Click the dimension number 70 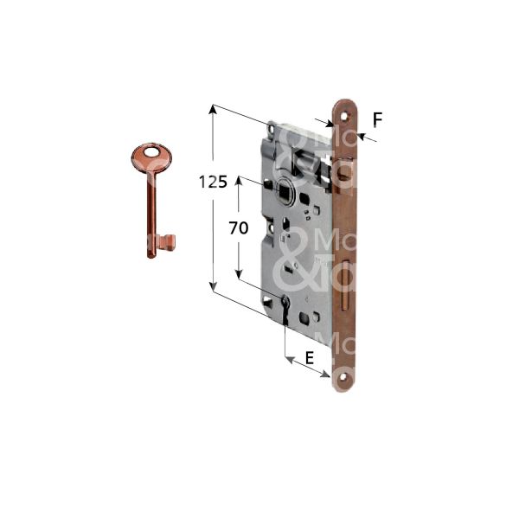click(239, 228)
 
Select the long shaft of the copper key click(151, 208)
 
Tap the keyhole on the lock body click(285, 305)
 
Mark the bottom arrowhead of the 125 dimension click(212, 289)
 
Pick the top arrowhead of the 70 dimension click(239, 183)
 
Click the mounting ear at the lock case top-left click(273, 128)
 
